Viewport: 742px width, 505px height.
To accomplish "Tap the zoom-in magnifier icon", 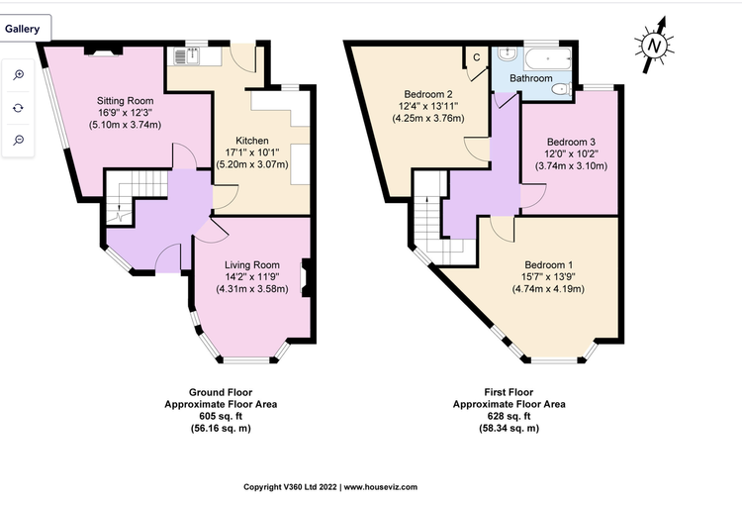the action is pos(19,75).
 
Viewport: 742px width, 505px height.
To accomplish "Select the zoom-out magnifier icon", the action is pos(19,140).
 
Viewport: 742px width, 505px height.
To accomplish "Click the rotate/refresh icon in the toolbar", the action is pos(19,108).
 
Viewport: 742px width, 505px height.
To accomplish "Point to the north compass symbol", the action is pos(655,45).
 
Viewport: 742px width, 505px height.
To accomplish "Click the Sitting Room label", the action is pos(125,101).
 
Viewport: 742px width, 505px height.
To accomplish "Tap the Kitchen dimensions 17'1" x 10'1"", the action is pos(252,152).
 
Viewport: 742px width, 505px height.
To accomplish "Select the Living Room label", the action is pos(251,265).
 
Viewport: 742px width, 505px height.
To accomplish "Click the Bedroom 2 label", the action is pos(428,94).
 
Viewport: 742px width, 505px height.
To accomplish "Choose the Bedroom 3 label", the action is pos(571,143).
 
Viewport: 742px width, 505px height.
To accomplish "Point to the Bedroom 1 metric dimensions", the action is pos(548,289).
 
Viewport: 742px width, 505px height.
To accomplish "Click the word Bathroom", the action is pos(531,78).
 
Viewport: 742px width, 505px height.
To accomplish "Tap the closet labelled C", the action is pos(477,57).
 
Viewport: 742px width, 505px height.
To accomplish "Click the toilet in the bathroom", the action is pos(562,88).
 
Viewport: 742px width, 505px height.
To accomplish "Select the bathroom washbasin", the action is pos(508,54).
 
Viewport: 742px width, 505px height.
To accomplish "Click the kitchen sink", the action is pos(187,55).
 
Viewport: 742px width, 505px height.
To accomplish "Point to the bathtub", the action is pos(547,58).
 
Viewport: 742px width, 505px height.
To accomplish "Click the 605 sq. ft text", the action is pos(221,417).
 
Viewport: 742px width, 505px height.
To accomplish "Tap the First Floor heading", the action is pos(509,392).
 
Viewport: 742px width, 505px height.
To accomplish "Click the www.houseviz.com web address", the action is pos(381,487).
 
